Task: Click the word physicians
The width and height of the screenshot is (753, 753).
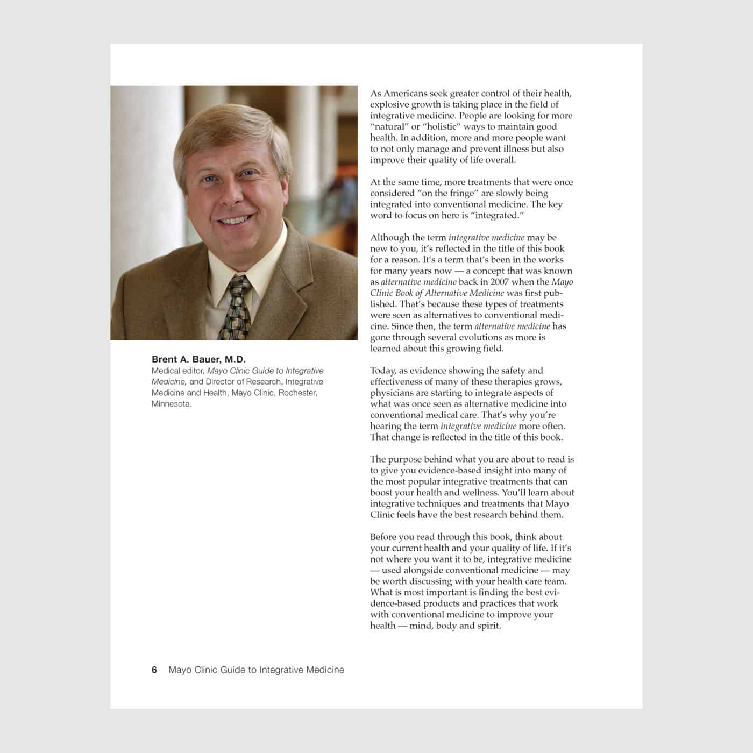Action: tap(392, 393)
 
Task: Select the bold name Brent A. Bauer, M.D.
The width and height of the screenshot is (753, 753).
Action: tap(198, 359)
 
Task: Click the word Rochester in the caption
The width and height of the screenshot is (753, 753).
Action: tap(297, 393)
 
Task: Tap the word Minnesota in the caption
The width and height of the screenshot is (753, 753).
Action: tap(171, 404)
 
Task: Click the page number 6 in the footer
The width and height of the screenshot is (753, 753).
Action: tap(154, 670)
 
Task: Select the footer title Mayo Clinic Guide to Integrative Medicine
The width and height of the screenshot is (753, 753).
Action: tap(256, 670)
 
